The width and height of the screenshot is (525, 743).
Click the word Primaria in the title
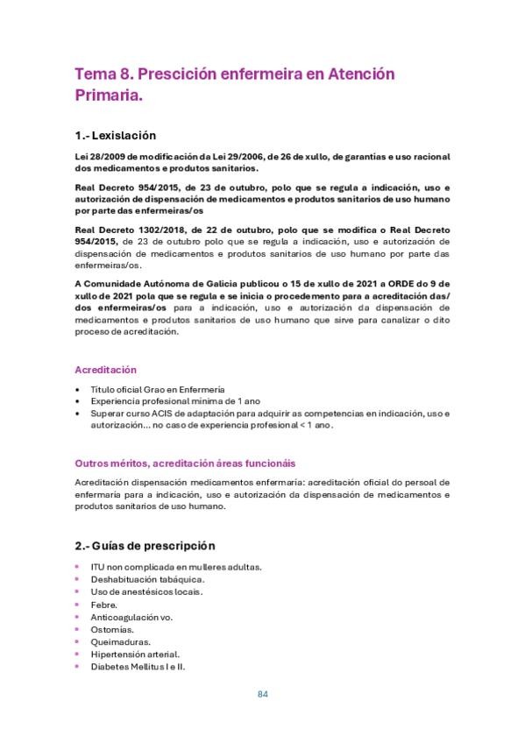point(106,96)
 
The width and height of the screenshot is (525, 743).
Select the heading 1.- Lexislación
point(116,136)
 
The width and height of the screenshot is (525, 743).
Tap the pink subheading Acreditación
point(105,370)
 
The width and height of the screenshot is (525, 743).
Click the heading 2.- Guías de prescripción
point(145,545)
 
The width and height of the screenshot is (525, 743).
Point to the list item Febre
point(104,605)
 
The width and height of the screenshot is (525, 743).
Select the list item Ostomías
point(112,629)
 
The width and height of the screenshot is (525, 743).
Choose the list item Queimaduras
point(120,641)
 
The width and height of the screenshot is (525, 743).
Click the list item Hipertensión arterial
point(135,654)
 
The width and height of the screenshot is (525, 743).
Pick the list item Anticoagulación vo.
point(131,617)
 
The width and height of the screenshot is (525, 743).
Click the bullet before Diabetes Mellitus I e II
point(78,666)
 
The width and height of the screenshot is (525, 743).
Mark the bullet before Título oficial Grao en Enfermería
point(79,389)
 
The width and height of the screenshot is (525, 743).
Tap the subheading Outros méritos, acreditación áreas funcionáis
point(185,463)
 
